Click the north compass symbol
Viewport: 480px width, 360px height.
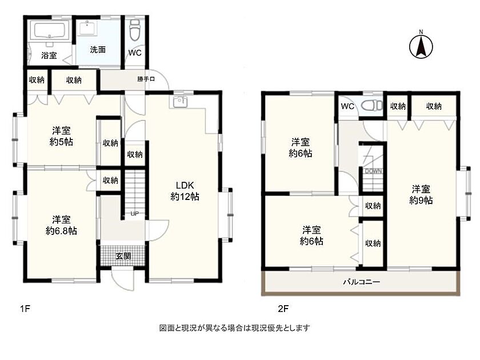421,46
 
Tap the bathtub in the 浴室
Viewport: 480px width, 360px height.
49,31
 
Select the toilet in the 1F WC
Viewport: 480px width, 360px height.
135,31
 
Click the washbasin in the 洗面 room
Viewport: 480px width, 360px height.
89,27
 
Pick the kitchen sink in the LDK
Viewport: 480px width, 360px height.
181,102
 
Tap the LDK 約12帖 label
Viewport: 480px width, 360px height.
185,191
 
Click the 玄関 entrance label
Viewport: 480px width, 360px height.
123,256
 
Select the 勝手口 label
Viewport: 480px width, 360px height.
146,79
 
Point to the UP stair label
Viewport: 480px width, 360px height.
135,214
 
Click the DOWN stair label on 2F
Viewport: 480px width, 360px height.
373,171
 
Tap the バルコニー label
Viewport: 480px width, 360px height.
361,282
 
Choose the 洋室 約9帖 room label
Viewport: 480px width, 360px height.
421,195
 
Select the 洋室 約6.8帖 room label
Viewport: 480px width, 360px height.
61,225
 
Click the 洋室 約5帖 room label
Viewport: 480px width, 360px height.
61,136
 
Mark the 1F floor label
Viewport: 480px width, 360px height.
25,309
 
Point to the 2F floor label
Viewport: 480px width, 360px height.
283,309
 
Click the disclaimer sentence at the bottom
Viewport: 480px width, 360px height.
234,328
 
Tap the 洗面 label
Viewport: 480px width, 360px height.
98,50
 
